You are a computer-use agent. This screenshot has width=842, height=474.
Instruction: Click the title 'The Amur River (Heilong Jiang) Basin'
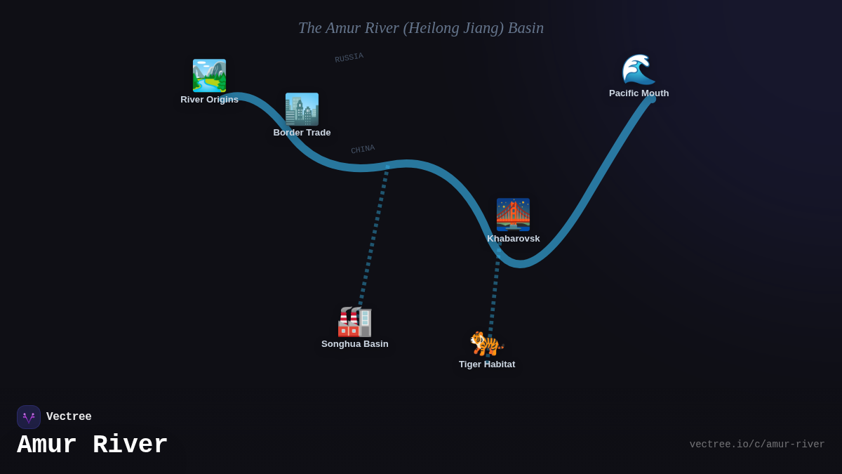[420, 28]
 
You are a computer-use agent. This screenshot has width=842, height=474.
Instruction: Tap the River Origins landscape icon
[209, 76]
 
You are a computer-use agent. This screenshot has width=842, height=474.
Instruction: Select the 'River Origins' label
[209, 100]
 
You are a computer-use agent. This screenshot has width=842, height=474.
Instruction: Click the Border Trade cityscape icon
[302, 110]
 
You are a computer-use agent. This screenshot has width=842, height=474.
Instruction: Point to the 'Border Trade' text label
[302, 133]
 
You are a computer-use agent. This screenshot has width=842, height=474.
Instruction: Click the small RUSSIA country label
[349, 58]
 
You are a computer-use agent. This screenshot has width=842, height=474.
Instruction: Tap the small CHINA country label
[363, 150]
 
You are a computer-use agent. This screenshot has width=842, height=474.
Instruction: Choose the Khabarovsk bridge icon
[513, 214]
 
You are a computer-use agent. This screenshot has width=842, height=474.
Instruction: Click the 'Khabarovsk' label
[514, 239]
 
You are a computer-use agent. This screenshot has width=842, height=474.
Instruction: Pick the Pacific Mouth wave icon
[639, 70]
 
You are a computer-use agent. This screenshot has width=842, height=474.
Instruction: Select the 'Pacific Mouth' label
[639, 93]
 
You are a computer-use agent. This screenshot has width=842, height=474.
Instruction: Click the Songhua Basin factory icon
[354, 322]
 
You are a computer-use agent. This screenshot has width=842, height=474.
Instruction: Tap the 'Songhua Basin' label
[354, 344]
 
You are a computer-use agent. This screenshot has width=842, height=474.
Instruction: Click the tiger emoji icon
[486, 343]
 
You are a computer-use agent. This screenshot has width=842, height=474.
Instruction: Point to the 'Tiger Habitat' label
[487, 364]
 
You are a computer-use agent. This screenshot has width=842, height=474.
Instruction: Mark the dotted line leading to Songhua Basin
[374, 235]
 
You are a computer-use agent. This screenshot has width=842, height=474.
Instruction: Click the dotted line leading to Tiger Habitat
[494, 295]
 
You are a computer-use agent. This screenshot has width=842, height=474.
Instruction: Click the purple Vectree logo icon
[29, 417]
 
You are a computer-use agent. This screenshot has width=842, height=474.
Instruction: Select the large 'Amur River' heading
[93, 445]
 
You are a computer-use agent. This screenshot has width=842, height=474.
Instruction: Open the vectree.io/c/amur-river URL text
[756, 445]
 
